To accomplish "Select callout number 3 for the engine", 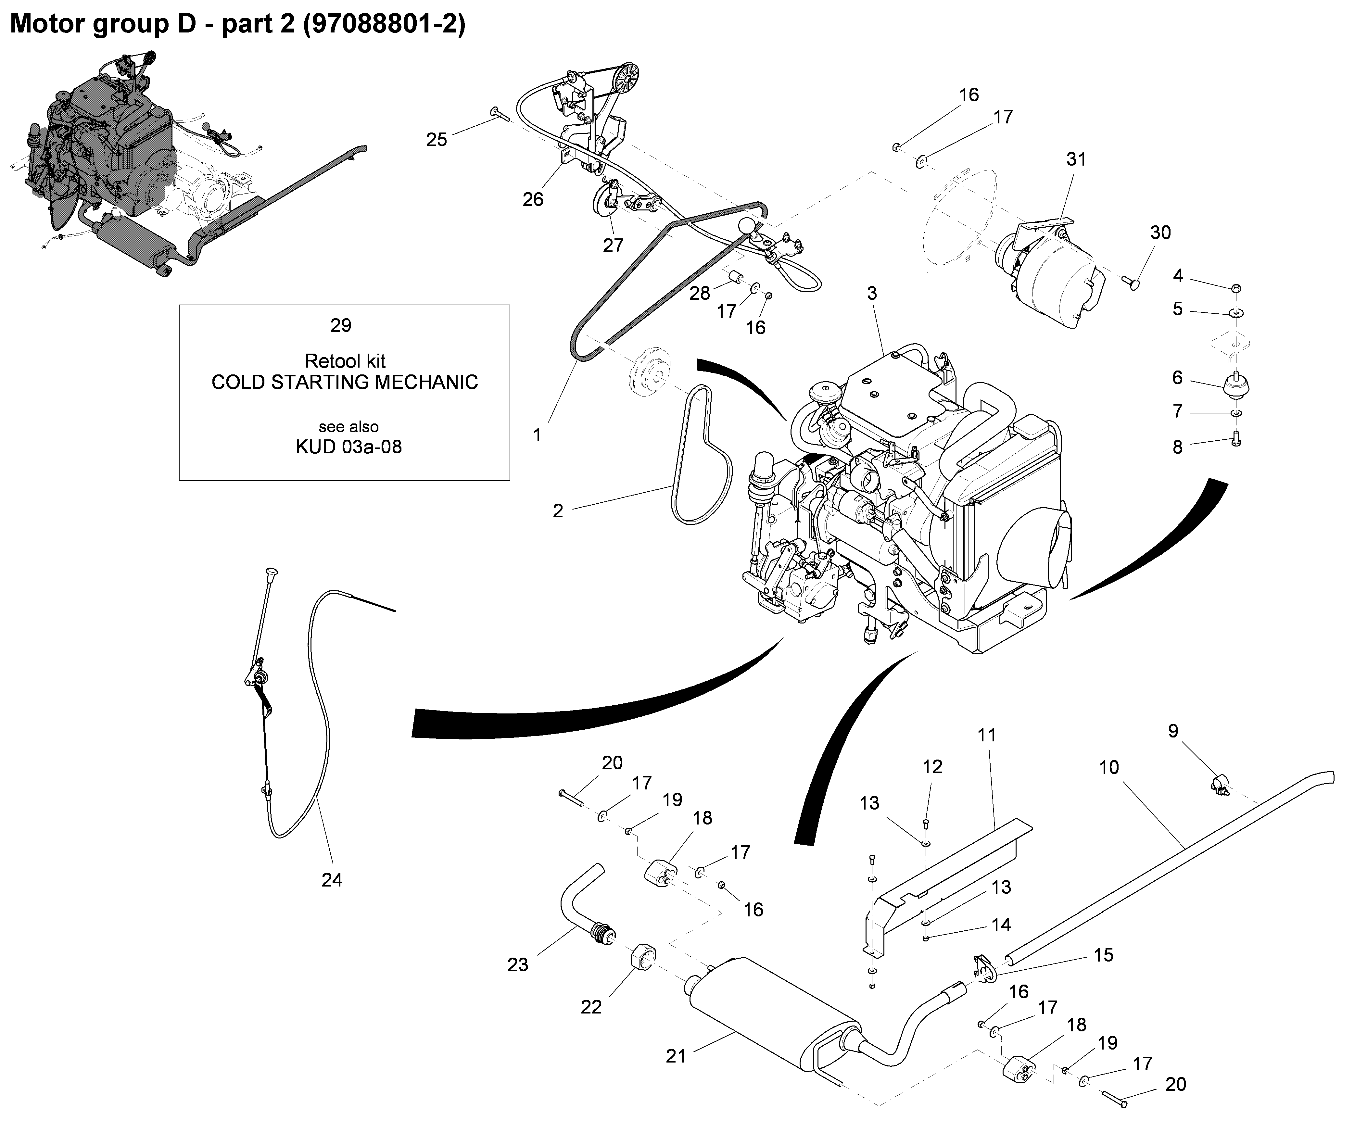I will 872,294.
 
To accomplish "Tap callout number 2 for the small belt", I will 558,510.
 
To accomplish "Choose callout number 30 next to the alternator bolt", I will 1160,232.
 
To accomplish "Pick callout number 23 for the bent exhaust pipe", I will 517,964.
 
